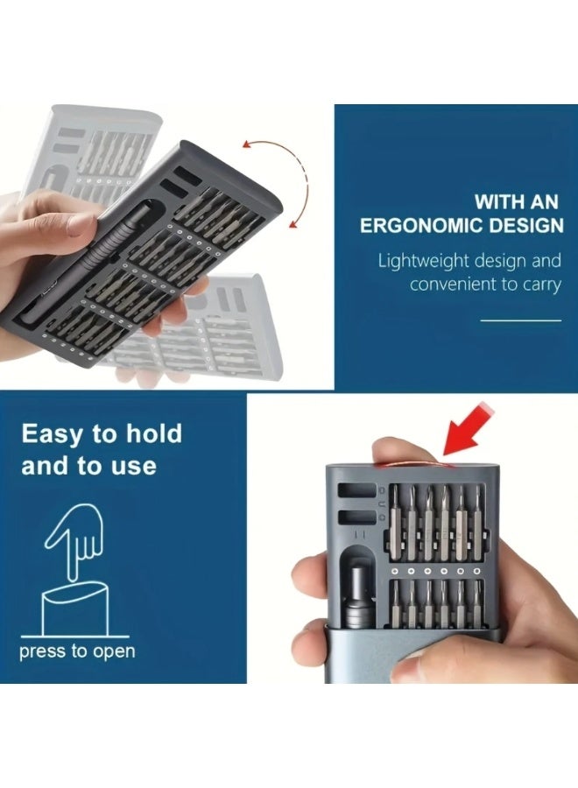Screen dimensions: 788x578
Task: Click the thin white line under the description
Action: click(520, 320)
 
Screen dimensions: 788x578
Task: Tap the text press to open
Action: click(77, 651)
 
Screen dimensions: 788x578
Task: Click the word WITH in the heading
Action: click(502, 201)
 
